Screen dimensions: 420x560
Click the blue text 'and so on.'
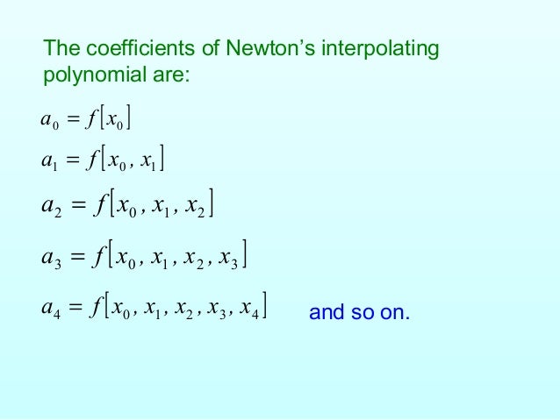coord(360,313)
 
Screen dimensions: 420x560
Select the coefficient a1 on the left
coord(48,160)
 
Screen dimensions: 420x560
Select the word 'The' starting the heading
coord(61,50)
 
